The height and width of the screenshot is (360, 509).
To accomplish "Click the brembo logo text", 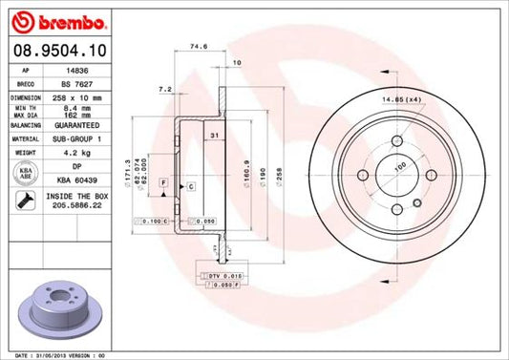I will click(45, 19).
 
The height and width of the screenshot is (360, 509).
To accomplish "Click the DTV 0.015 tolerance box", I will click(223, 275).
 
